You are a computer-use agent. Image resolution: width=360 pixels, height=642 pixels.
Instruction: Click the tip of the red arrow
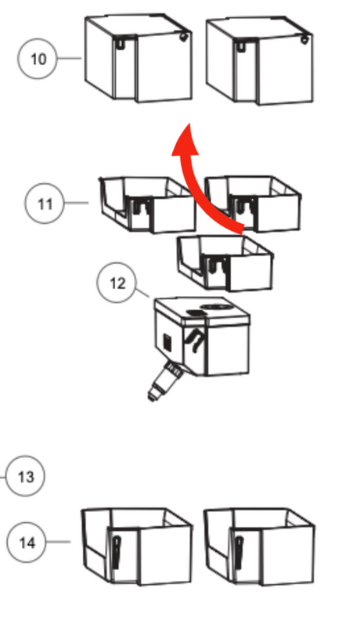pos(189,123)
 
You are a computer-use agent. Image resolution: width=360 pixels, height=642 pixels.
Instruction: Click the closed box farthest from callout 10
pos(259,60)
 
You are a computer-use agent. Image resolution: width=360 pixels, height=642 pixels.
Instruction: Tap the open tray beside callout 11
pos(148,204)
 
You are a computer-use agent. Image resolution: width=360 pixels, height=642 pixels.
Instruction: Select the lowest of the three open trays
pos(225,263)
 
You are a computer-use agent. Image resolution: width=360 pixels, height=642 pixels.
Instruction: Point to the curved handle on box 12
pos(195,340)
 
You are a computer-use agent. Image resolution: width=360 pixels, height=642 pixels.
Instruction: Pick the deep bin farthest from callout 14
pos(258,546)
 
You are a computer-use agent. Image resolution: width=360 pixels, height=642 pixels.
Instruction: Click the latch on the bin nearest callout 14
pos(116,552)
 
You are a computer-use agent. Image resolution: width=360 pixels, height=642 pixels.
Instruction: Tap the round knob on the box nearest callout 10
pos(184,38)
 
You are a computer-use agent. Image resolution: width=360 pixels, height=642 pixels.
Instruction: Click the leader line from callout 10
pos(70,59)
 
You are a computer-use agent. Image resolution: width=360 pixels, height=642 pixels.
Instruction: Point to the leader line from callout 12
pos(142,293)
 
